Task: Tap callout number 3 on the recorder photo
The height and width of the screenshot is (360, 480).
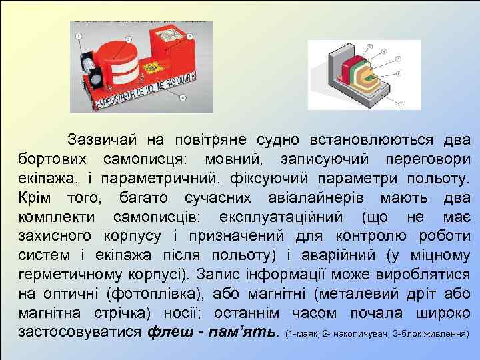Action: (x=190, y=37)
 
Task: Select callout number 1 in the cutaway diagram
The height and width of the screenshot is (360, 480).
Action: (x=400, y=105)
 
